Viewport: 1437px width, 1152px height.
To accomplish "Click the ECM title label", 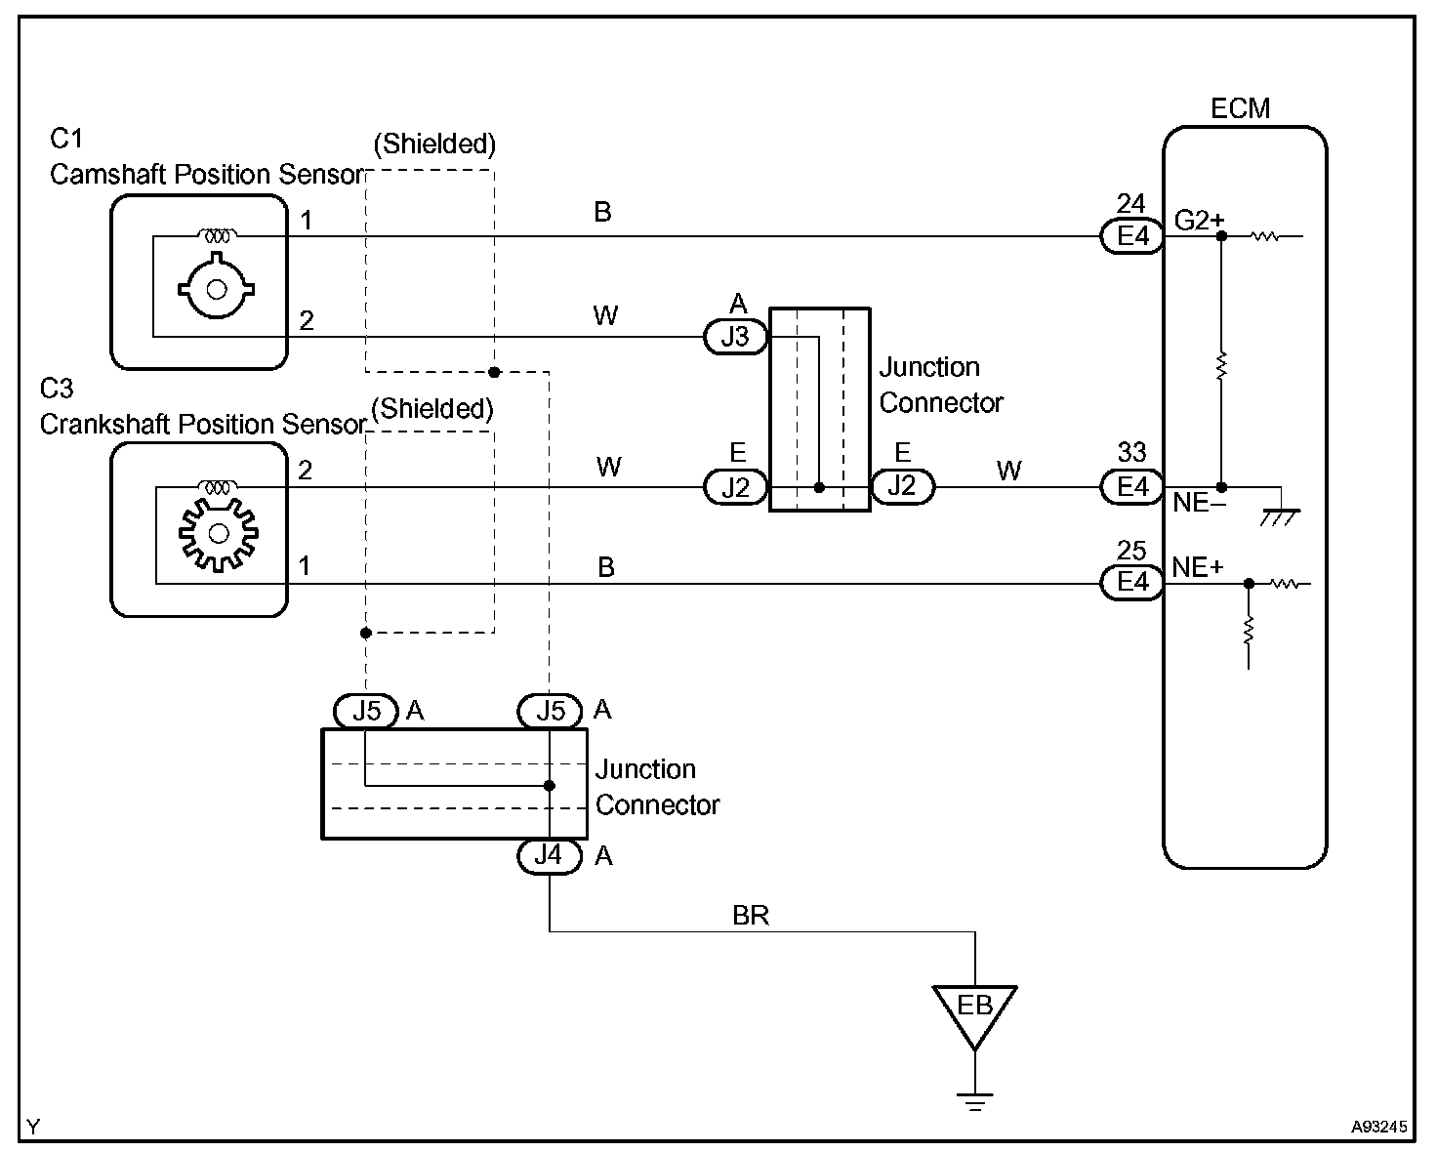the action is [x=1240, y=108].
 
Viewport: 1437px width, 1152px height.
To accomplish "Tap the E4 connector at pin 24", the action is [x=1131, y=235].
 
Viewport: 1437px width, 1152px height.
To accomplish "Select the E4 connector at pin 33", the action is [x=1131, y=487].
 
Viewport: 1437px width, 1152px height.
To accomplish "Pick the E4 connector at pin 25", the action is [x=1131, y=582].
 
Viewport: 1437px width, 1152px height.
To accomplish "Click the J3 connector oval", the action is [x=735, y=337].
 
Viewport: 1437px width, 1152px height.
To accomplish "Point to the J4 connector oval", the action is [x=549, y=855].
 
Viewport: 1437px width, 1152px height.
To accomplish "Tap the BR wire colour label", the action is [x=751, y=916].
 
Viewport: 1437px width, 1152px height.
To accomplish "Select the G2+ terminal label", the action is [x=1199, y=221].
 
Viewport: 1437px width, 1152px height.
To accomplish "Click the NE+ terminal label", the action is [x=1197, y=567].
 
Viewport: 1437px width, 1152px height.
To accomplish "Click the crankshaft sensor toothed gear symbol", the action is [x=219, y=534].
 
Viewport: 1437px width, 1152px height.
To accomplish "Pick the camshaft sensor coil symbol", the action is [x=217, y=235].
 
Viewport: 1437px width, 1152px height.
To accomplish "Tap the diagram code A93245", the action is [x=1378, y=1127].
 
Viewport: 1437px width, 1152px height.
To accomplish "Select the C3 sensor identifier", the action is [x=56, y=389].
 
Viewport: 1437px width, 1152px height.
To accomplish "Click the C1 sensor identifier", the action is [x=66, y=139].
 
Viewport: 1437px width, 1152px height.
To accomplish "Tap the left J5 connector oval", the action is [x=365, y=712].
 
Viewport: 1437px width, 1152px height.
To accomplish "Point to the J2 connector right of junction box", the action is [x=902, y=487].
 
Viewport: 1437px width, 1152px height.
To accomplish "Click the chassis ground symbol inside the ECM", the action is [x=1279, y=517].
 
